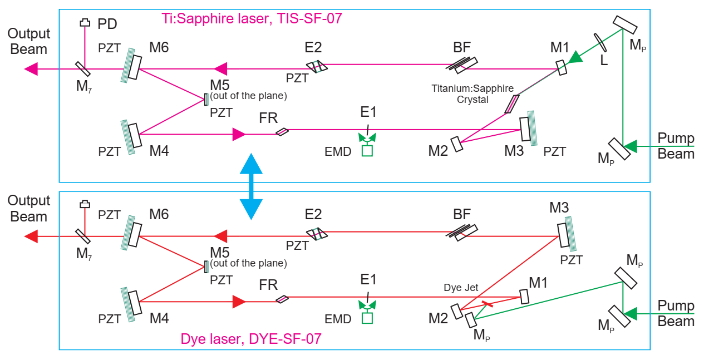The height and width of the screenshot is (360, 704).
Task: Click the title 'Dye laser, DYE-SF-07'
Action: coord(251,338)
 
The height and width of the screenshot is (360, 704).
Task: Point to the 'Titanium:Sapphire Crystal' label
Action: coord(472,94)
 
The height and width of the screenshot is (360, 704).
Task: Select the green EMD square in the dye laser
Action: coord(367,318)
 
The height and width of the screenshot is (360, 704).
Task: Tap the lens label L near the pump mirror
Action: coord(604,60)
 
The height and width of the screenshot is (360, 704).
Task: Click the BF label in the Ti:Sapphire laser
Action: coord(461,47)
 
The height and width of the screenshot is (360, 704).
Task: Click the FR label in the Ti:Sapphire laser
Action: coord(268,118)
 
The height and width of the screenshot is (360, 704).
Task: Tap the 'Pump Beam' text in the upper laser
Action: coord(676,146)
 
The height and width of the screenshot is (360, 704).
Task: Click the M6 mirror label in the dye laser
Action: coord(159,214)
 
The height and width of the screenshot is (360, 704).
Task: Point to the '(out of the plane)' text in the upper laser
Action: coord(248,96)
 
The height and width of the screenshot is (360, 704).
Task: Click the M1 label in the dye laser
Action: coord(538,283)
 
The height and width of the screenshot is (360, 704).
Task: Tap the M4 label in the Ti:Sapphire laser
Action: coord(159,151)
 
